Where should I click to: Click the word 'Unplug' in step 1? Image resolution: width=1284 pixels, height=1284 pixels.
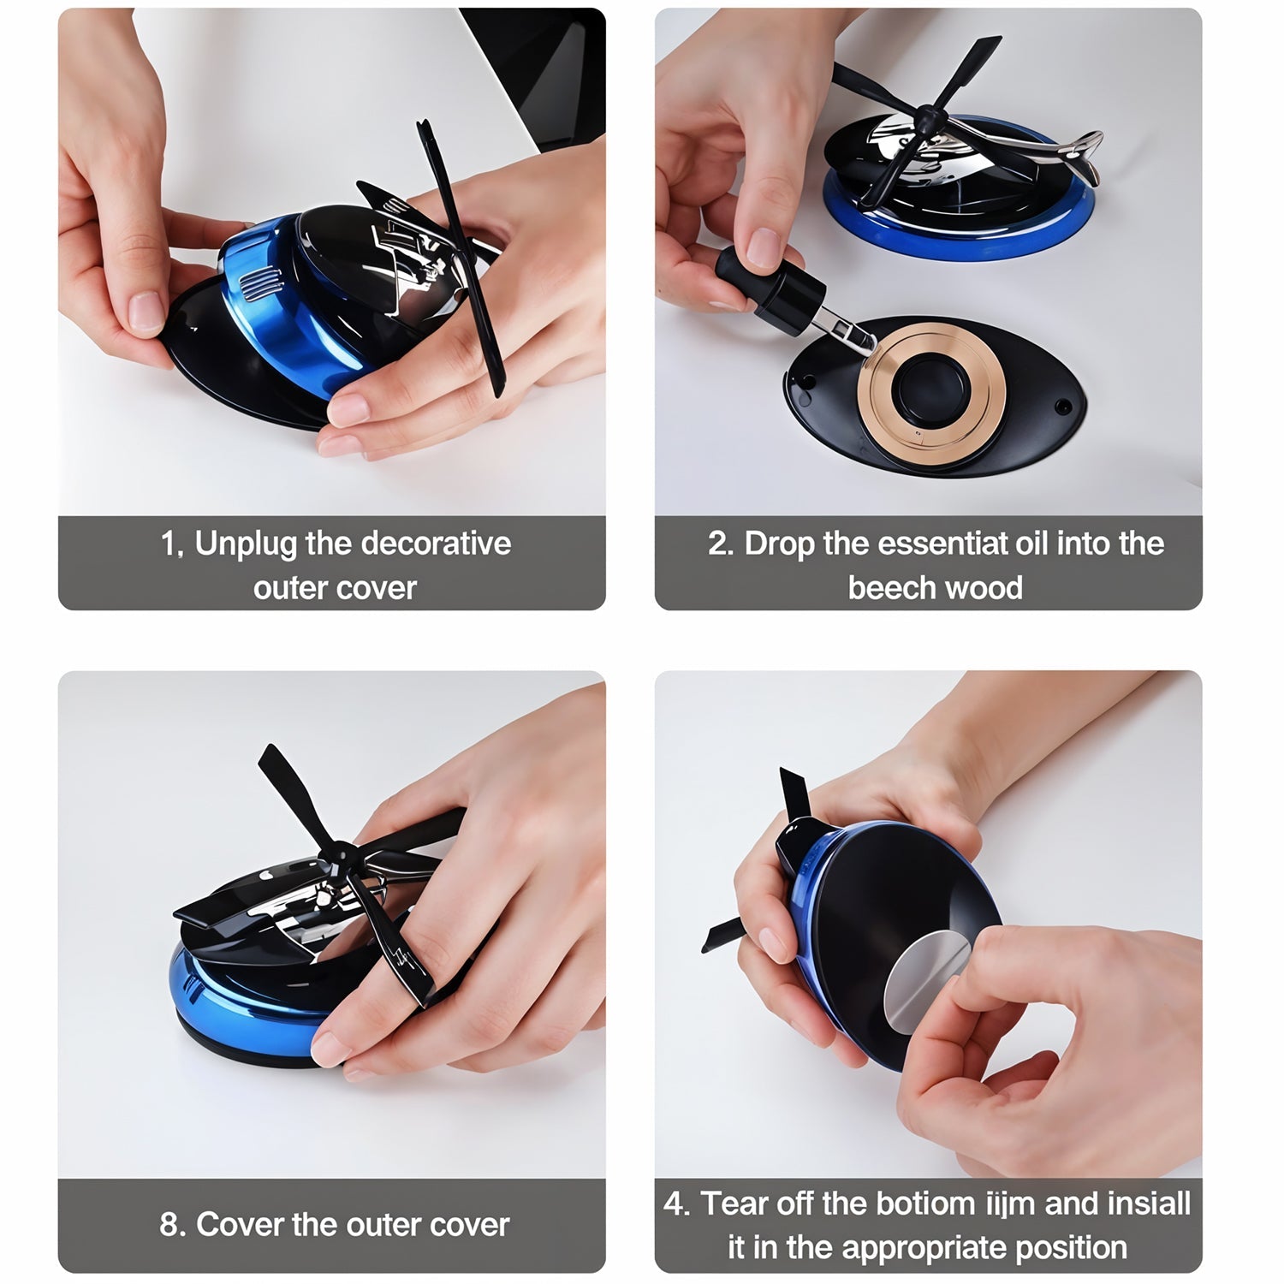tap(245, 544)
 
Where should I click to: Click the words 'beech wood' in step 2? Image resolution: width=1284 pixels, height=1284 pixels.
tap(935, 588)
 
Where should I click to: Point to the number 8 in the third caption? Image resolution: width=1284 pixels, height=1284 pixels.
tap(170, 1225)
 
